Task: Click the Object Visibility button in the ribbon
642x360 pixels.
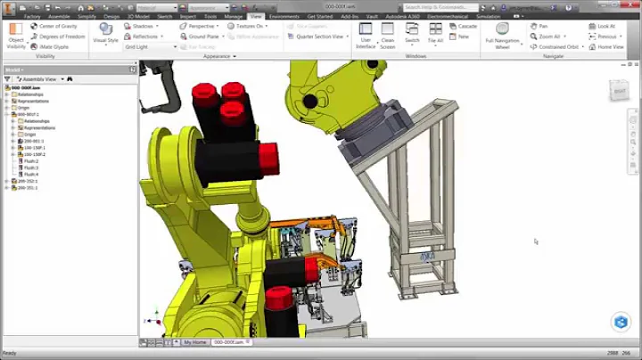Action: coord(16,36)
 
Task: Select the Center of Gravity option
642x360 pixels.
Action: coord(58,27)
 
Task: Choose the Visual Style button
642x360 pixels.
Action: coord(105,36)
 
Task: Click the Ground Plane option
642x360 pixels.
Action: coord(203,37)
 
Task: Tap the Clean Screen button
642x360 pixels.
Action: coord(388,36)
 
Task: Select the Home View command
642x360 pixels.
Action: coord(610,46)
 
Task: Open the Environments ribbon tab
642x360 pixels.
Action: coord(284,16)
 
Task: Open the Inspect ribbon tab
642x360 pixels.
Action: coord(187,16)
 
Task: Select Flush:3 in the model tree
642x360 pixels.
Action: coord(30,168)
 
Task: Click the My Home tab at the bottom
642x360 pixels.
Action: coord(194,342)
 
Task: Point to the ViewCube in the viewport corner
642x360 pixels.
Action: coord(619,90)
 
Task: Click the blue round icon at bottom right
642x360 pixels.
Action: coord(621,322)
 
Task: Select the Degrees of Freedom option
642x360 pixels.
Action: coord(60,37)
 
